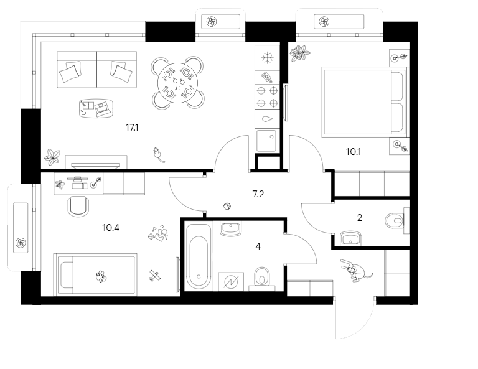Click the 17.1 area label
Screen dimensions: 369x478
pos(131,127)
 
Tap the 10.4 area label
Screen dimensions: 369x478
pos(111,227)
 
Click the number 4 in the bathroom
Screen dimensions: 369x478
pos(258,245)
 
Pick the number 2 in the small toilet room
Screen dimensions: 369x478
pos(359,218)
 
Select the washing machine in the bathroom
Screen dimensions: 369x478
pos(232,281)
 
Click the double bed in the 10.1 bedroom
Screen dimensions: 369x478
pos(363,102)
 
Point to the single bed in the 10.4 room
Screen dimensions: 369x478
pos(95,273)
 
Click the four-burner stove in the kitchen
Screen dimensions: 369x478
pos(267,97)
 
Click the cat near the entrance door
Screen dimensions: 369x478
pos(355,271)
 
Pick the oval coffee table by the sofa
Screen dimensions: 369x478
pos(96,108)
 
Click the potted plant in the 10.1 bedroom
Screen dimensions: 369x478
pos(300,54)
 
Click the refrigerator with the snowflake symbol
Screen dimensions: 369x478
pos(267,58)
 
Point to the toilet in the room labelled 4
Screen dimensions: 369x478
pos(261,278)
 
